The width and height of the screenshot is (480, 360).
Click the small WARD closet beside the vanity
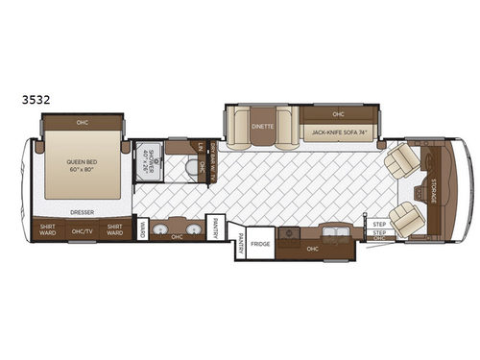[x=142, y=230]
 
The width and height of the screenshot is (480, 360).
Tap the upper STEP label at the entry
[x=378, y=224]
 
